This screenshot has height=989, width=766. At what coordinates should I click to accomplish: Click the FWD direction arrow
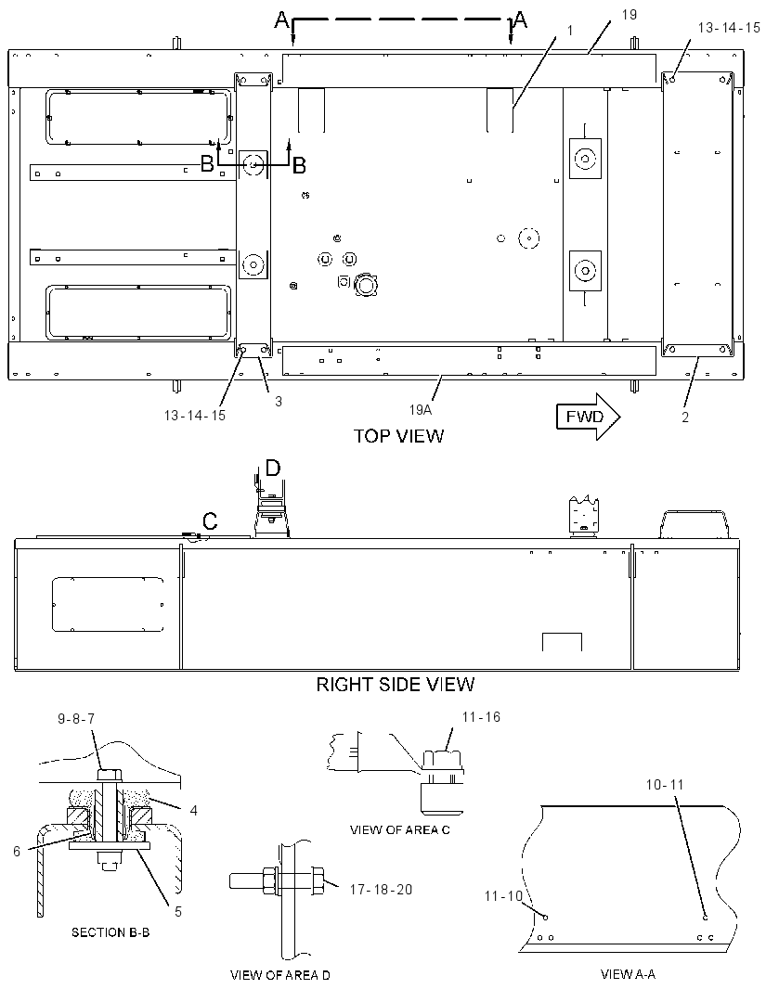(588, 417)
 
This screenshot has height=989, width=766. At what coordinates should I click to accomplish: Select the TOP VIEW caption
(398, 436)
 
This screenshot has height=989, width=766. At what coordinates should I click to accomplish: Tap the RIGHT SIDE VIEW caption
(395, 684)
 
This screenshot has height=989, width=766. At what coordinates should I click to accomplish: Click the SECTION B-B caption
(110, 932)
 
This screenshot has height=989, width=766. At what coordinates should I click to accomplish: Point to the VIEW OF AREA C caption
(400, 830)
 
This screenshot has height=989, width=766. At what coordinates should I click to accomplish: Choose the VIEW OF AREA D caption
(280, 975)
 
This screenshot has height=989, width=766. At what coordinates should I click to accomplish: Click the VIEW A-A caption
(628, 974)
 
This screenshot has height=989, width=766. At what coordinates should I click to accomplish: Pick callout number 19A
(421, 410)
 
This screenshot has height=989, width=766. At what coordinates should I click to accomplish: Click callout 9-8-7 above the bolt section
(76, 718)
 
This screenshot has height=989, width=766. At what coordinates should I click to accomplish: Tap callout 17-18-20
(381, 890)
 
